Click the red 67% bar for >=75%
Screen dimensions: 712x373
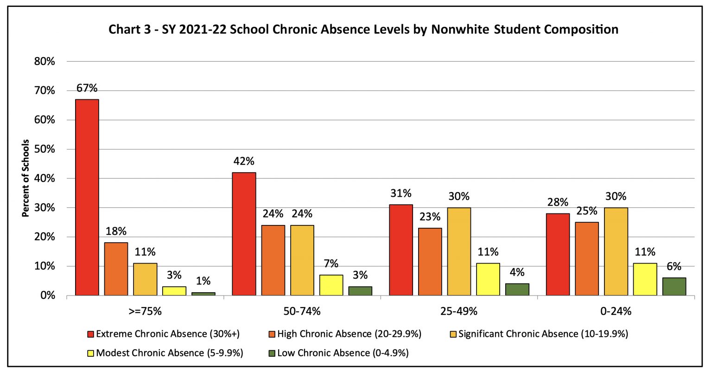[87, 197]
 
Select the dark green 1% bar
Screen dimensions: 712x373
[203, 294]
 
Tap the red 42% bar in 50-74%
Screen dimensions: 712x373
[244, 234]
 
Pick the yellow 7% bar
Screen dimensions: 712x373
[331, 285]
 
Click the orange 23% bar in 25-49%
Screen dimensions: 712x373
[430, 262]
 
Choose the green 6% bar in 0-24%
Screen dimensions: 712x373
[674, 287]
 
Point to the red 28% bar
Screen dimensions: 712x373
[558, 255]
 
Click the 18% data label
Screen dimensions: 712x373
[116, 231]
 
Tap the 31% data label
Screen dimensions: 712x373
[401, 193]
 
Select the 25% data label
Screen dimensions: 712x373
[587, 211]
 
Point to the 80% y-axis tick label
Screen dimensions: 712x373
[44, 61]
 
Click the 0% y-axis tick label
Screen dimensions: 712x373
[48, 296]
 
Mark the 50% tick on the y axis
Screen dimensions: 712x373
[44, 149]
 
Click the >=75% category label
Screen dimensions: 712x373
[145, 311]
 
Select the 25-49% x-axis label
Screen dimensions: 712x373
[458, 311]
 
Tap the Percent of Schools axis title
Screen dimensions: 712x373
[25, 178]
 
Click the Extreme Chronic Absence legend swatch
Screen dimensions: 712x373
[90, 334]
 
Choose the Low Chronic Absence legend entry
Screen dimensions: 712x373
[338, 353]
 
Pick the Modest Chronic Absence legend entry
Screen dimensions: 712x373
[165, 353]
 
